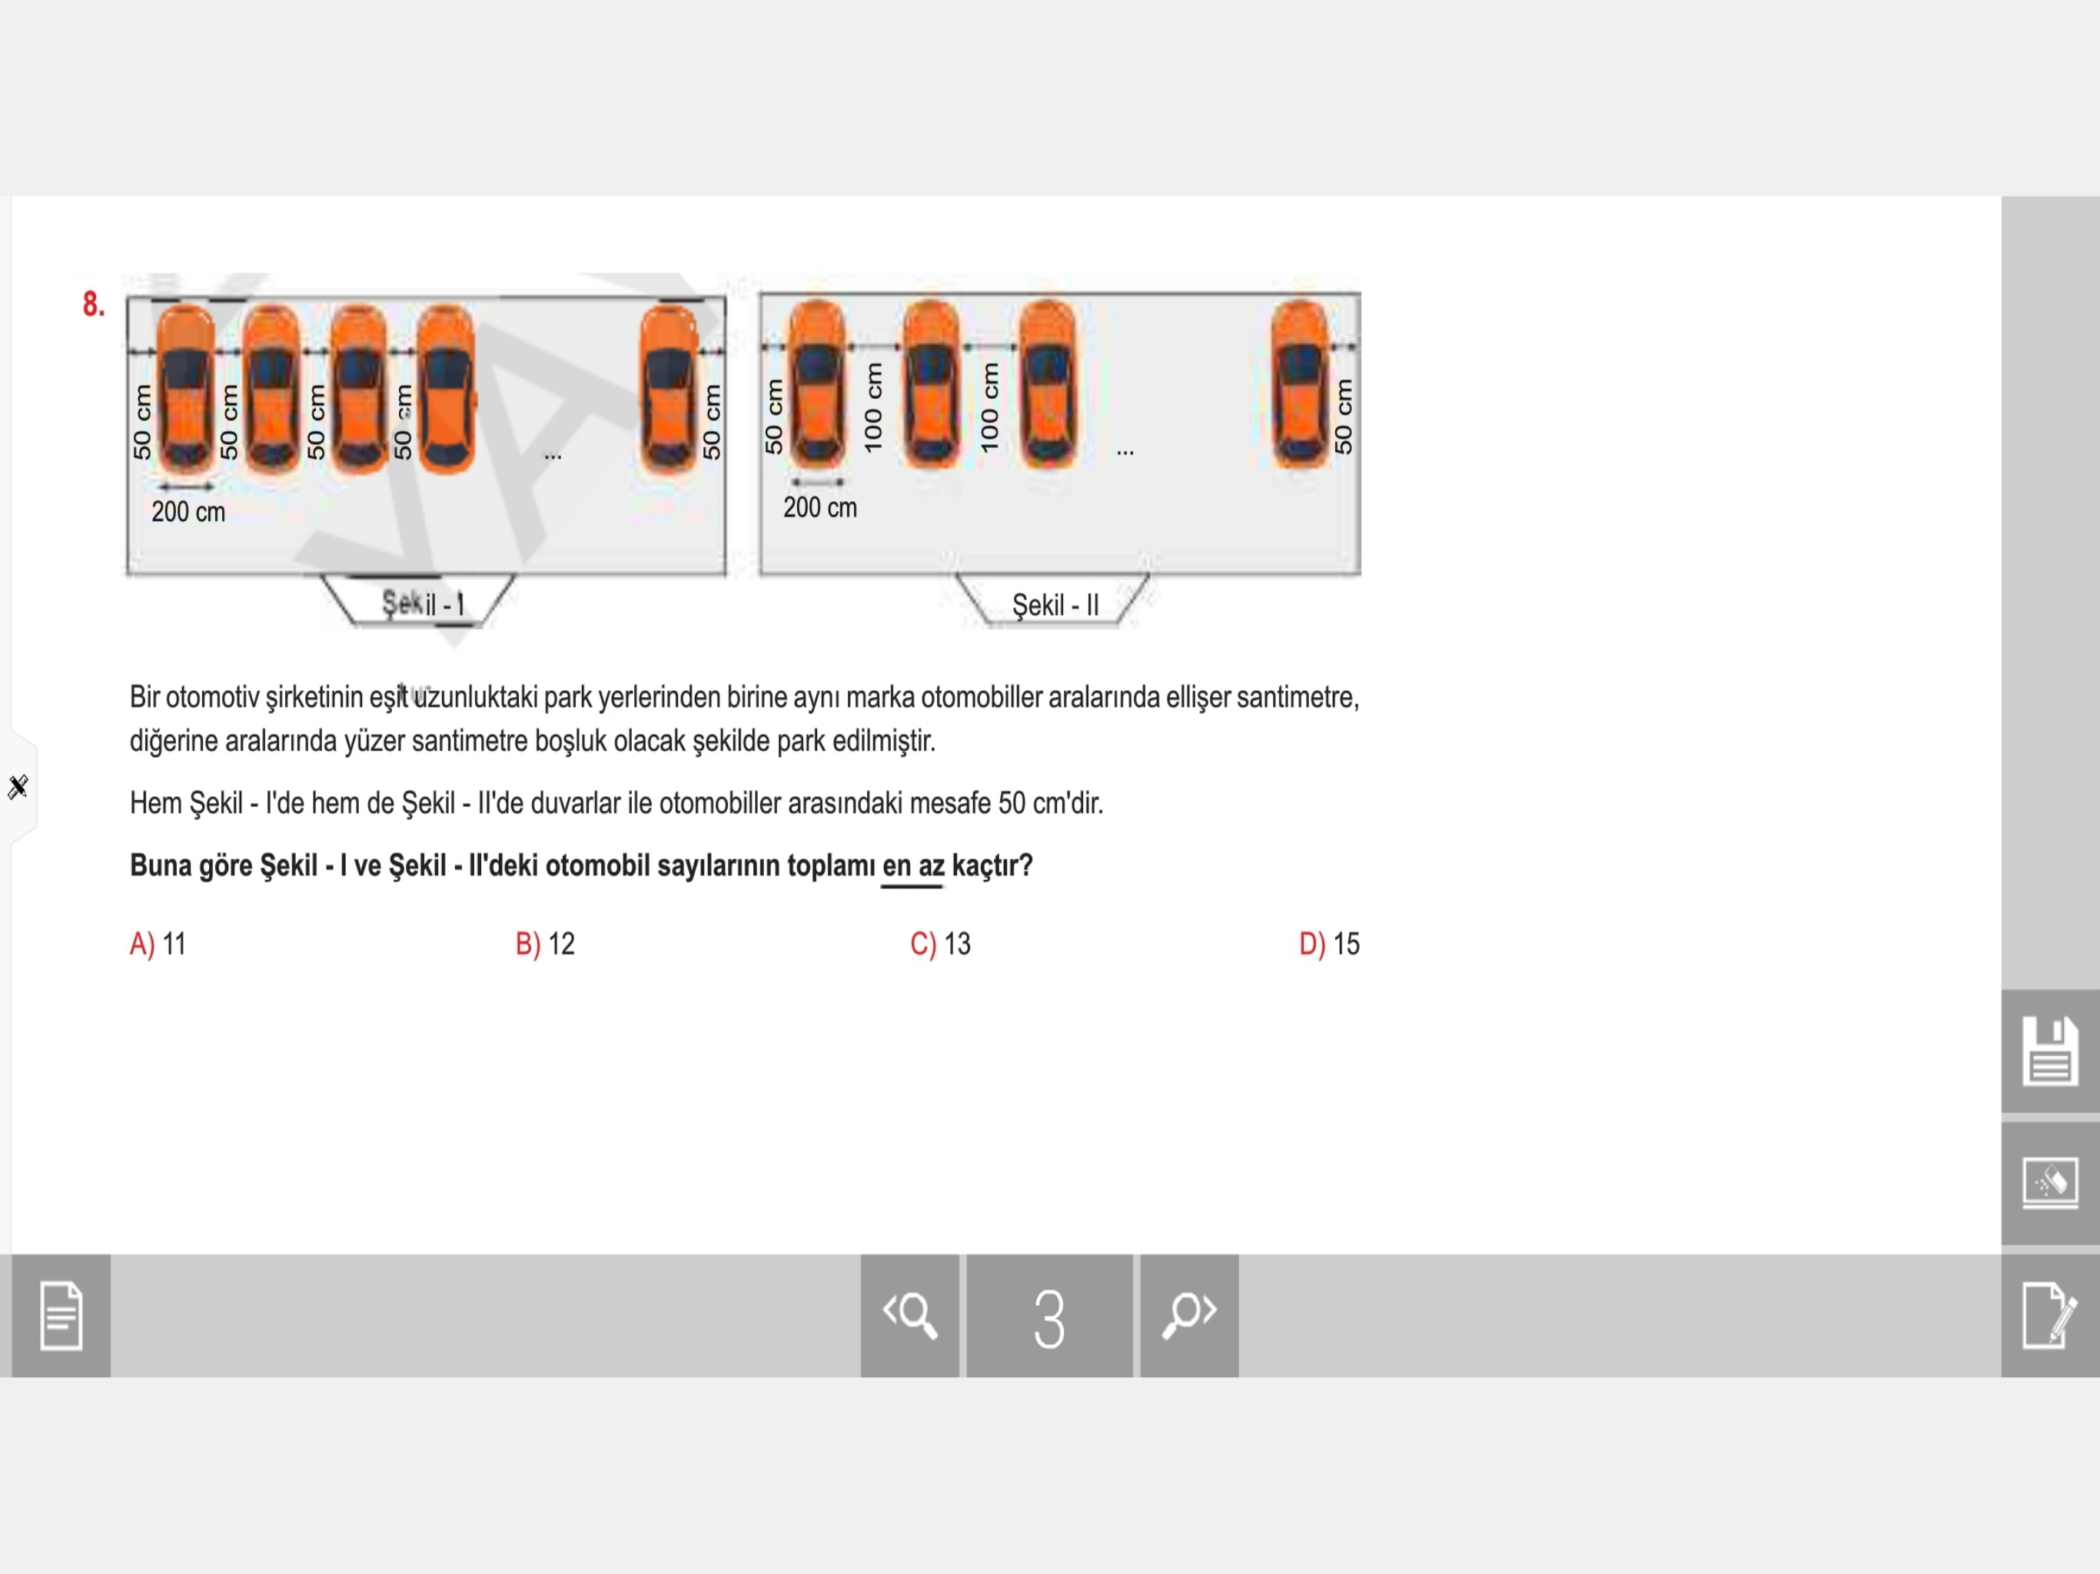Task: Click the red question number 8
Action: [x=93, y=305]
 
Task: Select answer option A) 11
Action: [x=158, y=944]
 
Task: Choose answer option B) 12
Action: [x=545, y=944]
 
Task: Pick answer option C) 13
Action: [x=940, y=944]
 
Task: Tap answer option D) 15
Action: [x=1329, y=944]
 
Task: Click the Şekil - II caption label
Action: [x=1055, y=605]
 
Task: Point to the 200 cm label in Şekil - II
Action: [x=819, y=508]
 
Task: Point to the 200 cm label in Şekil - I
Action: [x=188, y=512]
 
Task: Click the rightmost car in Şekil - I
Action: [x=670, y=389]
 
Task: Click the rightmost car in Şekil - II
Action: [x=1300, y=384]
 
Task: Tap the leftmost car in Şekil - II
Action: [x=816, y=384]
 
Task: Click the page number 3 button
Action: [x=1049, y=1317]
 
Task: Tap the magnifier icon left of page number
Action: [x=909, y=1317]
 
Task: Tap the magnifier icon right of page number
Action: [x=1188, y=1317]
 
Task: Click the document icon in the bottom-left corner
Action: [x=61, y=1317]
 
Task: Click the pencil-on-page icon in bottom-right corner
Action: [x=2050, y=1317]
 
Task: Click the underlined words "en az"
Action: [x=912, y=866]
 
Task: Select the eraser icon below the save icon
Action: [x=2050, y=1183]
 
